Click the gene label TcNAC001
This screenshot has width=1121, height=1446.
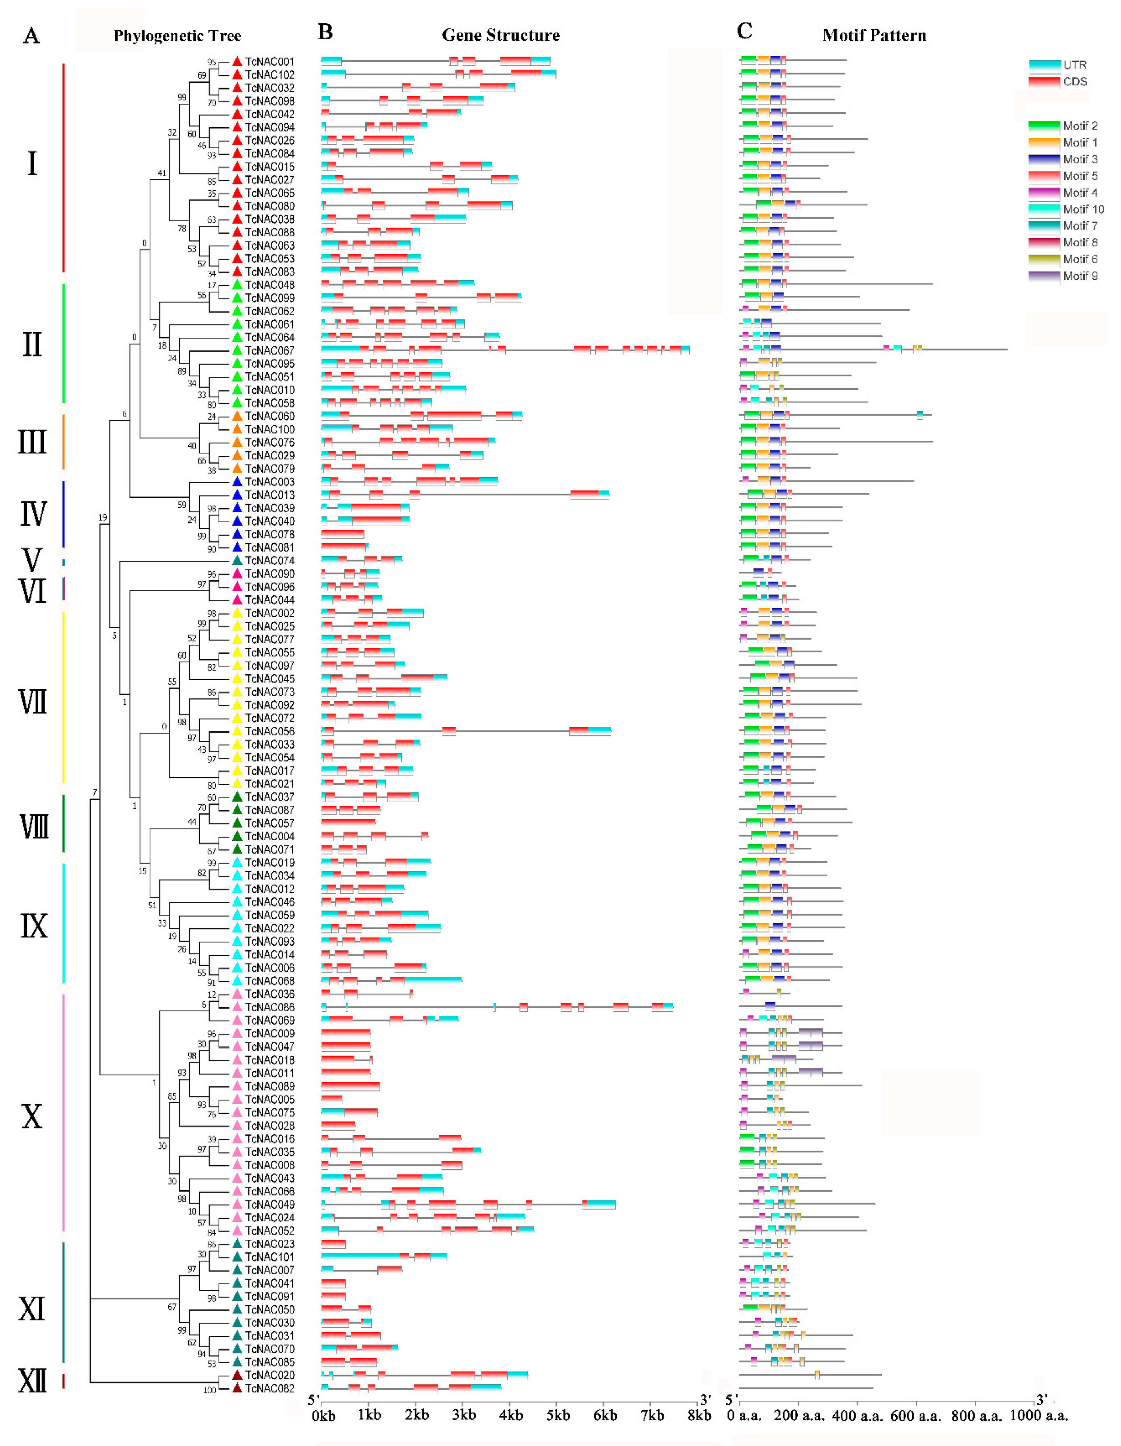click(269, 61)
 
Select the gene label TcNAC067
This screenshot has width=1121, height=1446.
click(269, 350)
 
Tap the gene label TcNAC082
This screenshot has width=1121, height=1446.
click(269, 1388)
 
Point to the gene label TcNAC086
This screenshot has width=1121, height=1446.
click(269, 1007)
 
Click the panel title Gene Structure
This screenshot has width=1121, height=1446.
click(500, 35)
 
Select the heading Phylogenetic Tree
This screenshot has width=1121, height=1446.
click(177, 36)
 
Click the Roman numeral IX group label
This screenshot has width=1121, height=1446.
click(33, 926)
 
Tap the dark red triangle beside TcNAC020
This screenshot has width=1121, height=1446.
click(237, 1375)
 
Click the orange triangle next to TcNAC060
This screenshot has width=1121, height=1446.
click(237, 416)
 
